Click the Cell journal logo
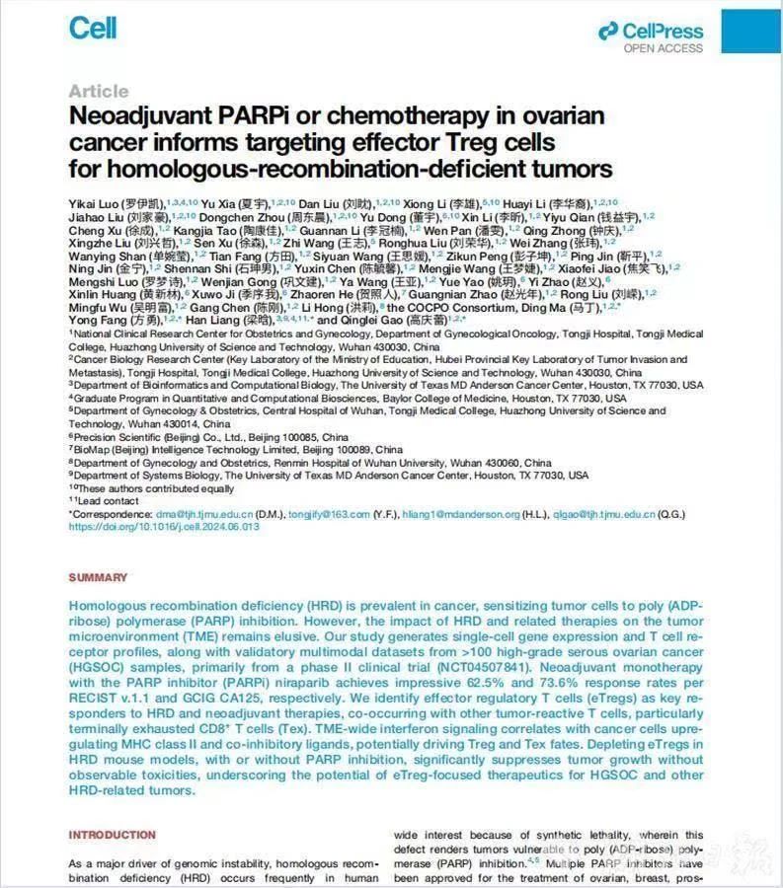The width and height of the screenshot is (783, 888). pos(93,28)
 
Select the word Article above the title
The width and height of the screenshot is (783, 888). pos(98,92)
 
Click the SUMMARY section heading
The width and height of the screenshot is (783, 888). pos(98,577)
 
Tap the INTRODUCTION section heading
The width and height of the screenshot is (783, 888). pos(112,835)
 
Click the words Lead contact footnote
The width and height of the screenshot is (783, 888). pos(110,501)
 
